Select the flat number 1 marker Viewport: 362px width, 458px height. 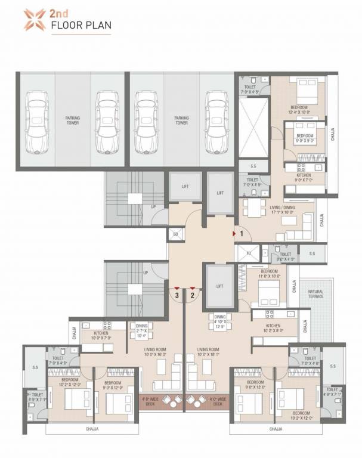[x=242, y=234]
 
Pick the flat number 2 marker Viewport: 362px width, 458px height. [x=193, y=294]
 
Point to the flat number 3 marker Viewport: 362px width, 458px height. [x=177, y=294]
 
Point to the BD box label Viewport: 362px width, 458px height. [x=175, y=235]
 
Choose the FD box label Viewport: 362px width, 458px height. [x=249, y=253]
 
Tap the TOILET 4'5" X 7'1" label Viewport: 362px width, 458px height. [x=36, y=397]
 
